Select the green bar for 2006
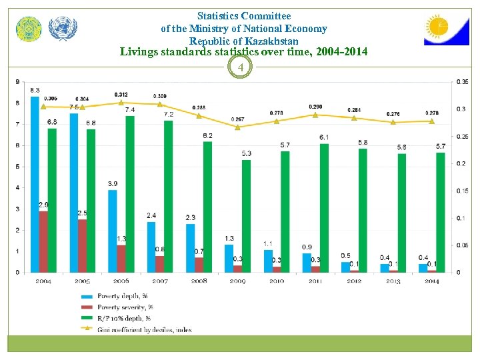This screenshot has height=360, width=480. point(130,194)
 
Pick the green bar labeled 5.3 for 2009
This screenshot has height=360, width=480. point(246,216)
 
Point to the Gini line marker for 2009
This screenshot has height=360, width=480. point(238,127)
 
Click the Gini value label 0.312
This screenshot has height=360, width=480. point(121,95)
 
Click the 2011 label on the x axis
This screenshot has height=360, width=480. point(315,281)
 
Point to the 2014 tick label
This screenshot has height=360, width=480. point(431,281)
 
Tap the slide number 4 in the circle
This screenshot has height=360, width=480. point(241,67)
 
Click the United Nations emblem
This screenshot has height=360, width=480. point(63,29)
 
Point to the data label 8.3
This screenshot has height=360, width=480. point(35,90)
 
